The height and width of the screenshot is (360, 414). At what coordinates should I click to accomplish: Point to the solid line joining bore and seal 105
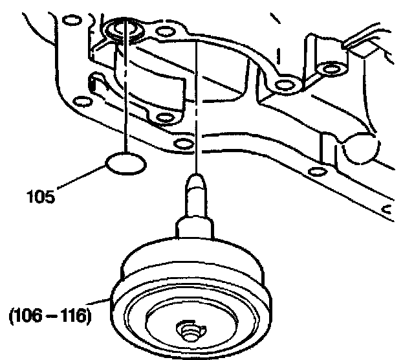125,97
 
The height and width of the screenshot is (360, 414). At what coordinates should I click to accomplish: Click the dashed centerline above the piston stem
197,104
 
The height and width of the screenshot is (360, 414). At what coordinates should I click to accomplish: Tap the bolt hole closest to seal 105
184,143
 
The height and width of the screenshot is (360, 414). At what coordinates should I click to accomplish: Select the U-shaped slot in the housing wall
94,82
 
